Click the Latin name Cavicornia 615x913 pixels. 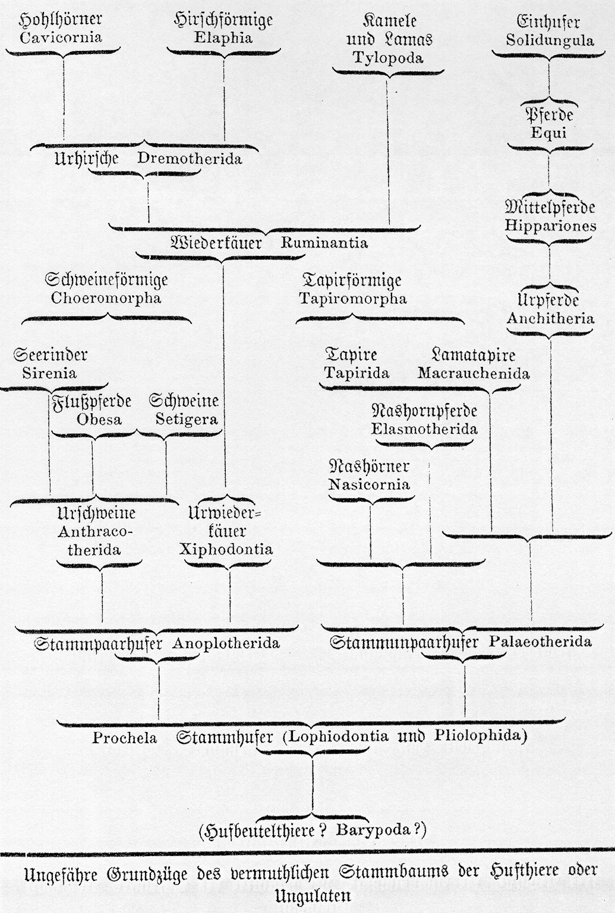[61, 39]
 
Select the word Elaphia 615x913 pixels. [223, 38]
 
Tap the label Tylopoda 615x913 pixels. [388, 58]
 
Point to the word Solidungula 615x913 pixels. [550, 40]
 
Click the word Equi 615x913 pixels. [548, 133]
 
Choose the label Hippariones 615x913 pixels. [550, 226]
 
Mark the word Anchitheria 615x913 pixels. [550, 318]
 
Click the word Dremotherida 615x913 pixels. [190, 158]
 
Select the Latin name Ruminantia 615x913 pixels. [324, 243]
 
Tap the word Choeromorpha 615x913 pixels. [106, 299]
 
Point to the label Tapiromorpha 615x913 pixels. [353, 299]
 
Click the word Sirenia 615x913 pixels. [49, 373]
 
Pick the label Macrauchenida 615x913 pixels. [474, 373]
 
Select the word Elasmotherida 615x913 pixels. [424, 429]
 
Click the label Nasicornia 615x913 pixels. [370, 484]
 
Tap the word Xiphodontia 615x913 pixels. [226, 550]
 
